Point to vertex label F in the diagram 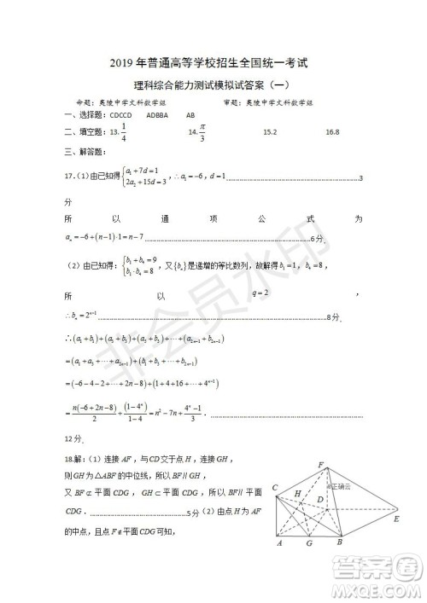[x=320, y=464]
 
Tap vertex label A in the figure [x=280, y=542]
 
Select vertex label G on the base [x=309, y=543]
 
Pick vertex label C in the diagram [x=276, y=487]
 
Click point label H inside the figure [x=297, y=494]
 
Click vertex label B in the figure [x=339, y=542]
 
